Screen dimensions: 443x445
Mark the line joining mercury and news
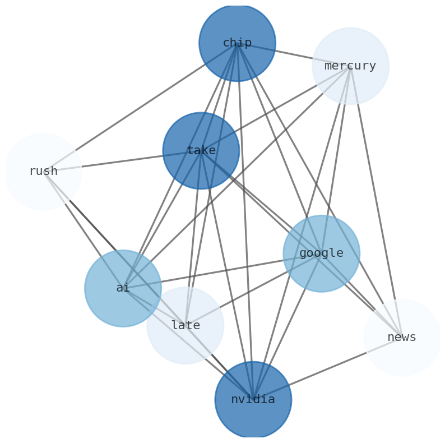pos(376,202)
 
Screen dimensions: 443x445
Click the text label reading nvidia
pos(253,400)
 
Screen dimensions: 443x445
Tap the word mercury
pos(350,66)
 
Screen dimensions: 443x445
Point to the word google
pos(321,253)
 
